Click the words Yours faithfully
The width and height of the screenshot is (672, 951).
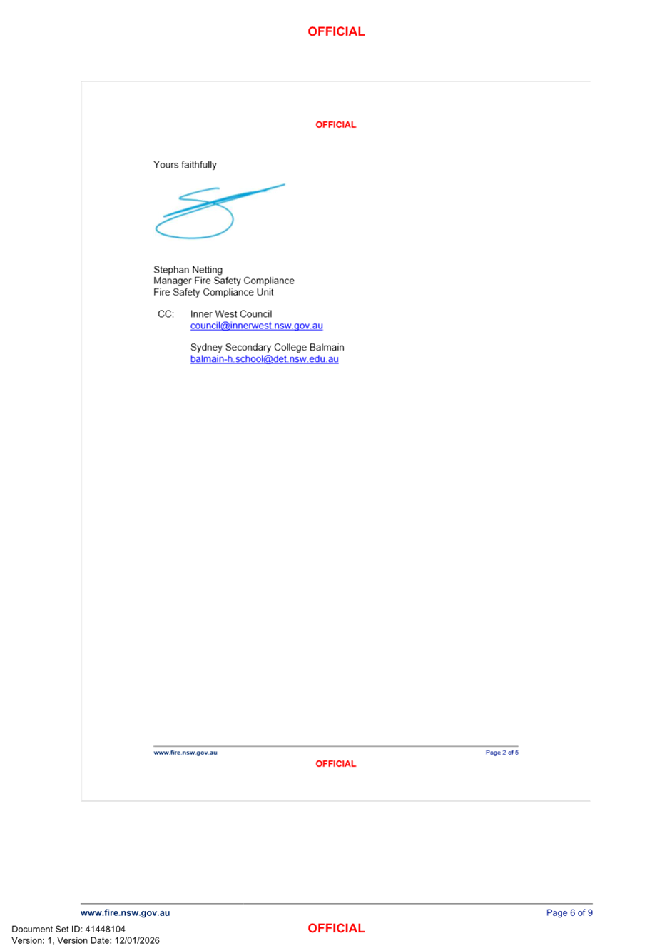185,165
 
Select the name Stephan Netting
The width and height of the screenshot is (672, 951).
188,270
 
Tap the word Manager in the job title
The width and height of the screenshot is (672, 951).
172,281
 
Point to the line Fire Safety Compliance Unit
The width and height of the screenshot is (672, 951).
213,292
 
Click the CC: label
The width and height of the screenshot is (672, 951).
165,314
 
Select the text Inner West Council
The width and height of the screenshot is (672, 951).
230,314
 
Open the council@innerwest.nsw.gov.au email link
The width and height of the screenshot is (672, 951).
256,326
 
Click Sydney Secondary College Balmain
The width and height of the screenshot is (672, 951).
267,348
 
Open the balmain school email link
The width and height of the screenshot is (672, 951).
264,359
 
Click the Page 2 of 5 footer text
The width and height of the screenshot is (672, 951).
502,753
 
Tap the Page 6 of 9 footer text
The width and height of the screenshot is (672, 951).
569,913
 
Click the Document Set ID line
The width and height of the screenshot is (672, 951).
68,929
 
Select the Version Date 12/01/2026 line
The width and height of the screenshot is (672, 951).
85,940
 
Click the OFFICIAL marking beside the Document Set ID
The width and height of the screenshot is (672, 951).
336,928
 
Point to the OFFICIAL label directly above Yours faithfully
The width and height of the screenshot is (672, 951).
335,125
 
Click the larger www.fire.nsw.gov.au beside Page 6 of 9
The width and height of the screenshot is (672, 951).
125,913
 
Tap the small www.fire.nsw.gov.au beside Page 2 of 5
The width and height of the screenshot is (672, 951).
185,753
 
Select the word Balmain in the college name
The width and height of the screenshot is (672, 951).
327,348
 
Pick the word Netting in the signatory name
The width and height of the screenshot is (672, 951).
207,270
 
